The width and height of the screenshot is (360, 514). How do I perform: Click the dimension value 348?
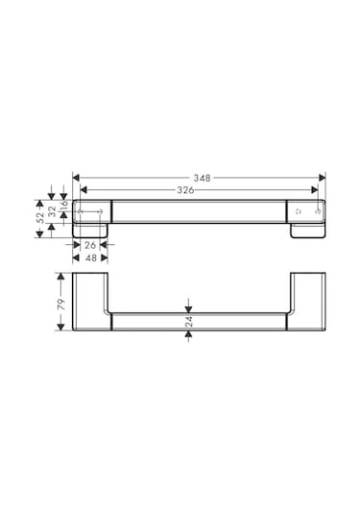tap(201, 178)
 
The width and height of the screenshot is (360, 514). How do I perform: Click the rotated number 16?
tap(65, 205)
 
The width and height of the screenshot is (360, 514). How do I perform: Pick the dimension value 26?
tap(88, 245)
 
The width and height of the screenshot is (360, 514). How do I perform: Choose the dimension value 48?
tap(88, 257)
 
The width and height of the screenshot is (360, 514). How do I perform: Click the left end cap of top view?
tap(94, 211)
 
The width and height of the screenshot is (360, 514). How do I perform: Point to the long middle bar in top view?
tap(199, 211)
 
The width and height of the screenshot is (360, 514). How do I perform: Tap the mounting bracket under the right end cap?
tap(307, 232)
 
